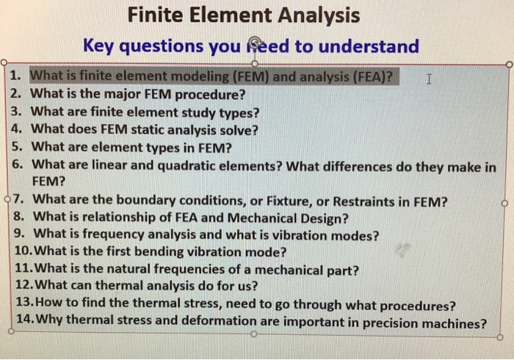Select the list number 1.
tap(18, 76)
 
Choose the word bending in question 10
tap(167, 253)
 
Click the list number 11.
tap(23, 270)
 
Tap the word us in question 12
tap(251, 288)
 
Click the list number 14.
tap(23, 323)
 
